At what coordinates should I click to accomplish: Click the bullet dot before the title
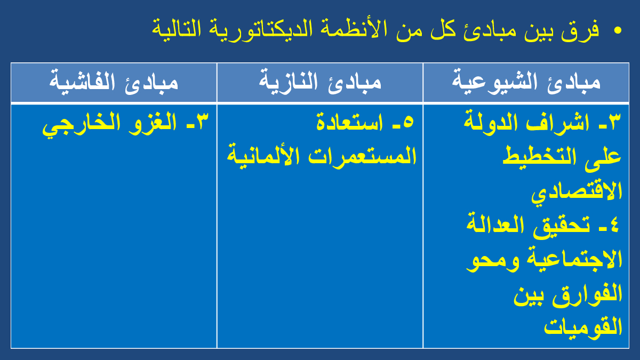[617, 30]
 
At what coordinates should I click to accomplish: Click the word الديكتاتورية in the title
[254, 29]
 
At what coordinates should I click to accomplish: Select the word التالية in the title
[176, 29]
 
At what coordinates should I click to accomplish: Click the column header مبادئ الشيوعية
[526, 82]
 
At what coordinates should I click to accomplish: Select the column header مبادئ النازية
[320, 81]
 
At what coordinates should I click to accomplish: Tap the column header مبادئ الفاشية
[114, 82]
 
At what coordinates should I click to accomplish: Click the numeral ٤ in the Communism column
[614, 225]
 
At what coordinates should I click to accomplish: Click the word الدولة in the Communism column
[491, 122]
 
